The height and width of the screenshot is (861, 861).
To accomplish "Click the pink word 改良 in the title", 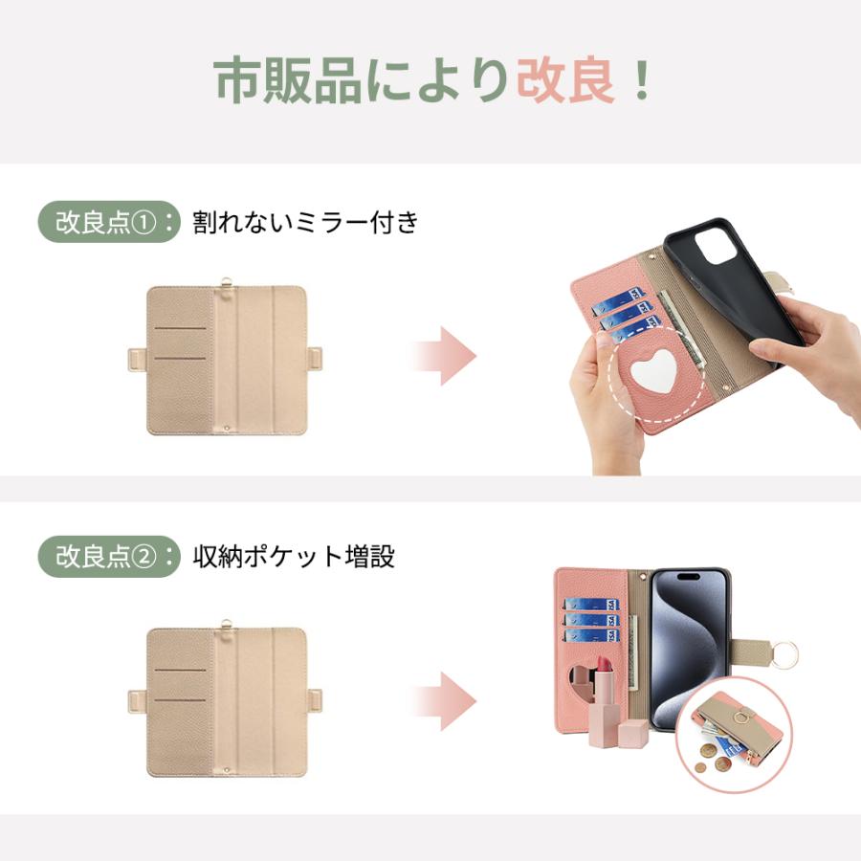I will coord(565,81).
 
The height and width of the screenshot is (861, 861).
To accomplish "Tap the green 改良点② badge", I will coord(108,556).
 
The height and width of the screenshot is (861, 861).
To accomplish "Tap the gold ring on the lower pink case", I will coord(786,655).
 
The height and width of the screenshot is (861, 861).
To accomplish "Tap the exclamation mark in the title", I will coord(641,81).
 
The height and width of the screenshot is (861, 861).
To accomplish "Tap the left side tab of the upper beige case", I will coord(135,363).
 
